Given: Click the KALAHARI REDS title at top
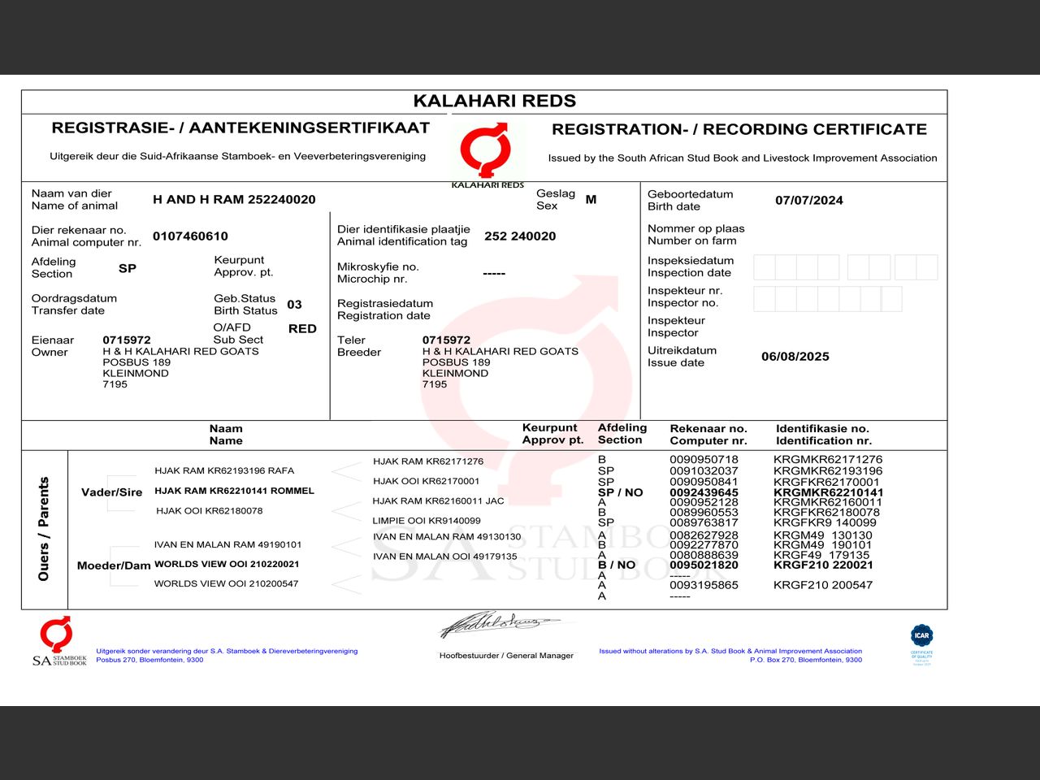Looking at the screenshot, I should (494, 101).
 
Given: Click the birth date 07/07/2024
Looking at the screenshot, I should (808, 200).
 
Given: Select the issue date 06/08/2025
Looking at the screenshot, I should (795, 356).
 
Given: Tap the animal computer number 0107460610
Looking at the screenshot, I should (190, 236).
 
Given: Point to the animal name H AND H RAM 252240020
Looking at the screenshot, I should (234, 199).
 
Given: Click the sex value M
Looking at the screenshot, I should (591, 199).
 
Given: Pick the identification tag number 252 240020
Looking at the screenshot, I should (520, 236).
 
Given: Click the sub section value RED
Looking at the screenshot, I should (302, 328).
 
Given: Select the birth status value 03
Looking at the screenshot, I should (294, 304).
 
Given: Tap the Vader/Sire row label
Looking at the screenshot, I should (111, 492).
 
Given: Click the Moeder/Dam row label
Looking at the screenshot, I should (114, 565).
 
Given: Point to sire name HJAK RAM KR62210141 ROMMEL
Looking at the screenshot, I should (234, 491).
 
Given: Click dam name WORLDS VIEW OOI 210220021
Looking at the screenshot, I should (227, 564).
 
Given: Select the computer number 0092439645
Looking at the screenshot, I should (704, 492).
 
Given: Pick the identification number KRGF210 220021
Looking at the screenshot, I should (823, 565).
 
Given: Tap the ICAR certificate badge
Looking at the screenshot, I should (921, 642).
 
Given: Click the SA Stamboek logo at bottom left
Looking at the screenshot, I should (58, 641).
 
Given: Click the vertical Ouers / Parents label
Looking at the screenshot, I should (44, 529).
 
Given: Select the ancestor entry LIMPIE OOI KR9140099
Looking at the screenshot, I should (426, 521).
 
